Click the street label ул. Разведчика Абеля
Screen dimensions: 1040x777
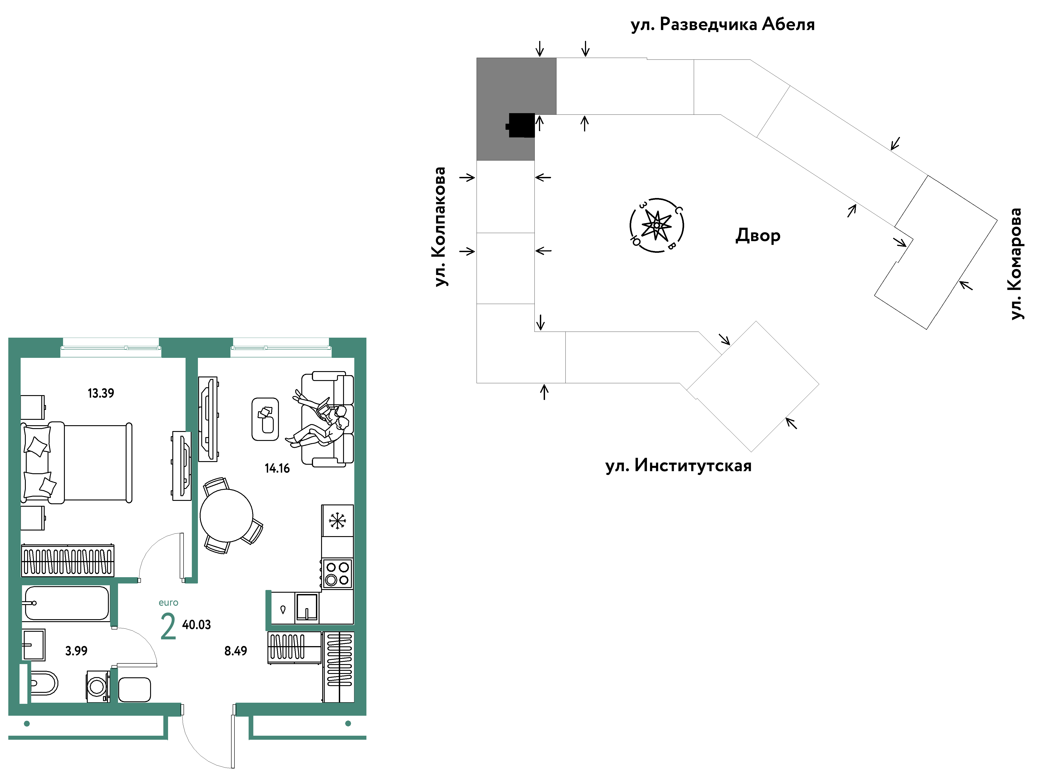click(x=722, y=24)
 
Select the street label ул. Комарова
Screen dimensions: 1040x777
click(x=1016, y=264)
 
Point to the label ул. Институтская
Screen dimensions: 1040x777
click(x=678, y=466)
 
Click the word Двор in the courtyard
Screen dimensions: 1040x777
click(x=758, y=235)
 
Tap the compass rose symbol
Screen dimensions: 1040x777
click(x=657, y=225)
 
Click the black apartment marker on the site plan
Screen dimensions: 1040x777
click(x=521, y=125)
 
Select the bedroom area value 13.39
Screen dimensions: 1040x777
click(x=101, y=393)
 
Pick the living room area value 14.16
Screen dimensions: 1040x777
click(x=277, y=469)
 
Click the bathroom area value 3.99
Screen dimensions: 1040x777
click(x=76, y=651)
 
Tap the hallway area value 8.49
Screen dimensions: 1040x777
click(x=235, y=651)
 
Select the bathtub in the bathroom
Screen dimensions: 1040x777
click(x=66, y=603)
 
